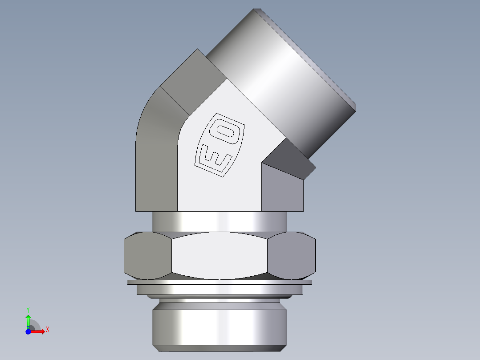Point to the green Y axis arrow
pyautogui.click(x=28, y=320)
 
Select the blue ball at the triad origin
pyautogui.click(x=28, y=331)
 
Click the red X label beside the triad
pyautogui.click(x=47, y=330)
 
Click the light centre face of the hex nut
pyautogui.click(x=220, y=256)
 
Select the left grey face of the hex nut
pyautogui.click(x=147, y=256)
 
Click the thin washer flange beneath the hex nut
pyautogui.click(x=219, y=282)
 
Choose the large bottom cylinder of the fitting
pyautogui.click(x=219, y=327)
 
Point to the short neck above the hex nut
pyautogui.click(x=219, y=221)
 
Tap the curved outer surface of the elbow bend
pyautogui.click(x=156, y=120)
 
